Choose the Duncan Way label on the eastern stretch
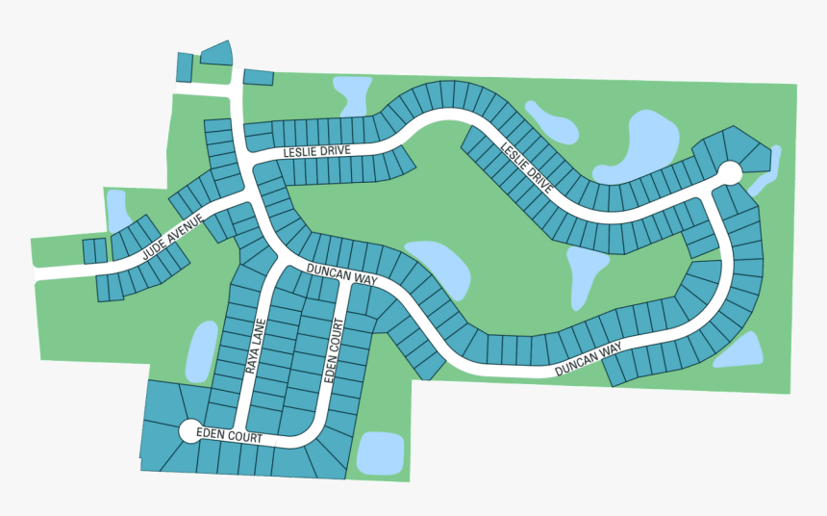click(x=588, y=359)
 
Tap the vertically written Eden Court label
click(x=333, y=351)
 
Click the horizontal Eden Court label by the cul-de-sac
click(x=229, y=436)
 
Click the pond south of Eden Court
click(x=380, y=452)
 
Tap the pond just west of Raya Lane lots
click(x=202, y=349)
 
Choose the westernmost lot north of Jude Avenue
click(x=93, y=250)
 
